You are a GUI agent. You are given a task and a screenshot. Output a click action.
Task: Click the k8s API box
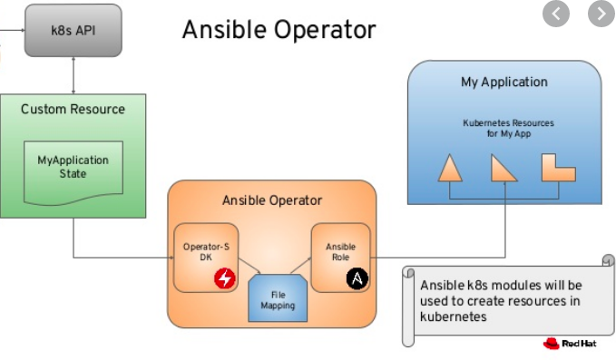pos(73,29)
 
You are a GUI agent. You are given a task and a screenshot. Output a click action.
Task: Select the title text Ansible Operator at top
pos(279,29)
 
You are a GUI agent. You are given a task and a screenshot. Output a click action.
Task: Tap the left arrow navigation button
pos(556,14)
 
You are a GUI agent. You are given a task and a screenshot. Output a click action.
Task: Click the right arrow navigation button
pos(601,14)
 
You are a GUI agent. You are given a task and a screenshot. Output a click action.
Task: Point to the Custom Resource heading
pos(73,110)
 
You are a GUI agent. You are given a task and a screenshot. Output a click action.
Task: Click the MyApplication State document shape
pos(73,168)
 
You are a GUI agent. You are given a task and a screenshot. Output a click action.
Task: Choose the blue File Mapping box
pos(278,300)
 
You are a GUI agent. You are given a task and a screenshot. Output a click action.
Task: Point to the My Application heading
pos(504,82)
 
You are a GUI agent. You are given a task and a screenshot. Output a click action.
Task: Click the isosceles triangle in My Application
pos(450,170)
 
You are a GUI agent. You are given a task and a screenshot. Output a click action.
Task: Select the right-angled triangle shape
pos(502,170)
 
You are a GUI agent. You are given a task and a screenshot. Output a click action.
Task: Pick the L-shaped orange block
pos(557,168)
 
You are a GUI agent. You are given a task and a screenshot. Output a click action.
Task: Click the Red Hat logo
pos(569,344)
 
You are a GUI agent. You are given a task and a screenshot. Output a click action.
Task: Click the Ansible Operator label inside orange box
pos(272,199)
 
